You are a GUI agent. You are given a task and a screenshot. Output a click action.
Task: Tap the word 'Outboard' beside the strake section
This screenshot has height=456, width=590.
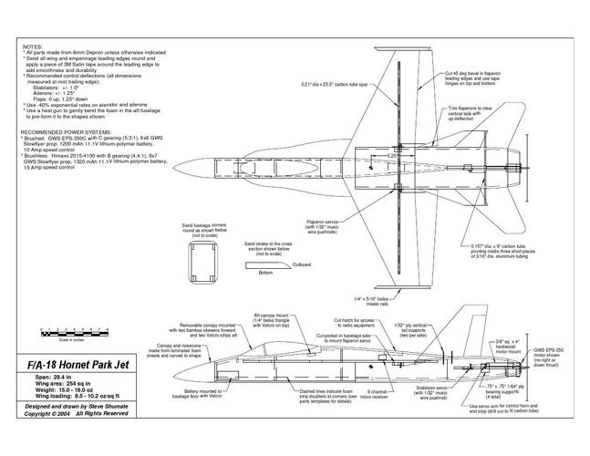coord(302,264)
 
